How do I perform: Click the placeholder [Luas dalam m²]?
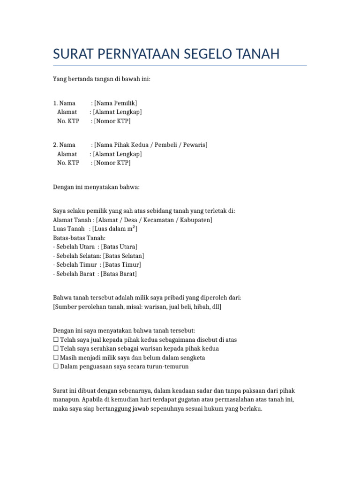(x=115, y=229)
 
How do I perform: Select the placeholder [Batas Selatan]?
(x=123, y=256)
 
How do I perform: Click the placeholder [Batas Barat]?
(x=119, y=274)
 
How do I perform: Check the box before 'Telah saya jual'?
(x=56, y=339)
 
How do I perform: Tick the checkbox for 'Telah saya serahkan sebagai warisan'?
(x=56, y=349)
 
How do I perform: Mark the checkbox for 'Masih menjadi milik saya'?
(x=56, y=358)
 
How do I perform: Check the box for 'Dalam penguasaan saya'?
(x=56, y=367)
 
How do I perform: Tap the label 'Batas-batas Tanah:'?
(x=79, y=238)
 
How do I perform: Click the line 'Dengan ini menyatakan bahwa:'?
(x=97, y=187)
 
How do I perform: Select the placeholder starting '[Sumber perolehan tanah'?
(x=137, y=307)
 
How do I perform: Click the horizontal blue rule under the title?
(x=180, y=66)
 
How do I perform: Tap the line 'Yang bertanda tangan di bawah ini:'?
(x=101, y=79)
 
